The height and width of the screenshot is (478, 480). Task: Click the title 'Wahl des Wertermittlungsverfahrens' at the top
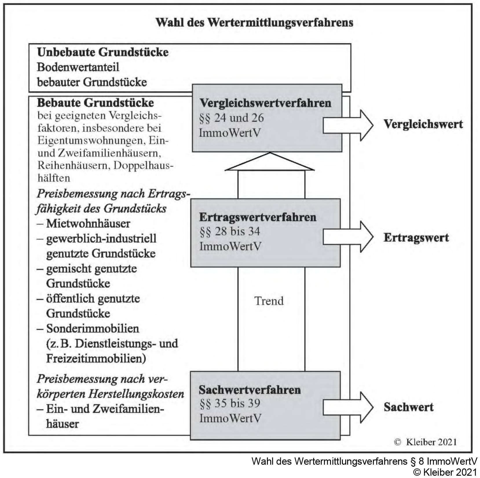pos(254,23)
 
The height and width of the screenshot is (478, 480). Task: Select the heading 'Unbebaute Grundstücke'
pos(103,52)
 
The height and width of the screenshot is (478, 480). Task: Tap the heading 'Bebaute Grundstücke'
pos(96,103)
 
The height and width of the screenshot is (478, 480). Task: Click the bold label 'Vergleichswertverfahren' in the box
pos(265,103)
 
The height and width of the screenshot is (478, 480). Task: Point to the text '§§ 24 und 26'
pos(231,118)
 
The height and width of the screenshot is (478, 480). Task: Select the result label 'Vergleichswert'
pos(423,124)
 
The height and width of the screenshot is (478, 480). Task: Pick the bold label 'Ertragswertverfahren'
pos(258,217)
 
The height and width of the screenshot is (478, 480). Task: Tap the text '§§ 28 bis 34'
pos(230,231)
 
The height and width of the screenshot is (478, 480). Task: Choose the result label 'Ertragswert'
pos(416,238)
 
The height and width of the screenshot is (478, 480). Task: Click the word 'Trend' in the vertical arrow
pos(269,301)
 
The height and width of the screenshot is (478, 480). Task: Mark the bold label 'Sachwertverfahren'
pos(250,390)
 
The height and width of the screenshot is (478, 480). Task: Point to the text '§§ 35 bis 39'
pos(230,403)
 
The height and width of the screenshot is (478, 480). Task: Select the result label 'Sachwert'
pos(408,407)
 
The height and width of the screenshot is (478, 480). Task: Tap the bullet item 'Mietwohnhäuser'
pos(88,224)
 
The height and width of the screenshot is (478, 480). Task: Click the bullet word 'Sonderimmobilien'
pos(93,329)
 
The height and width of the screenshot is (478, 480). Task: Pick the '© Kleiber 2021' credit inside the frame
pos(425,442)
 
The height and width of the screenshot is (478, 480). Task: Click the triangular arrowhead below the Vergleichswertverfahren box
pos(270,162)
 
